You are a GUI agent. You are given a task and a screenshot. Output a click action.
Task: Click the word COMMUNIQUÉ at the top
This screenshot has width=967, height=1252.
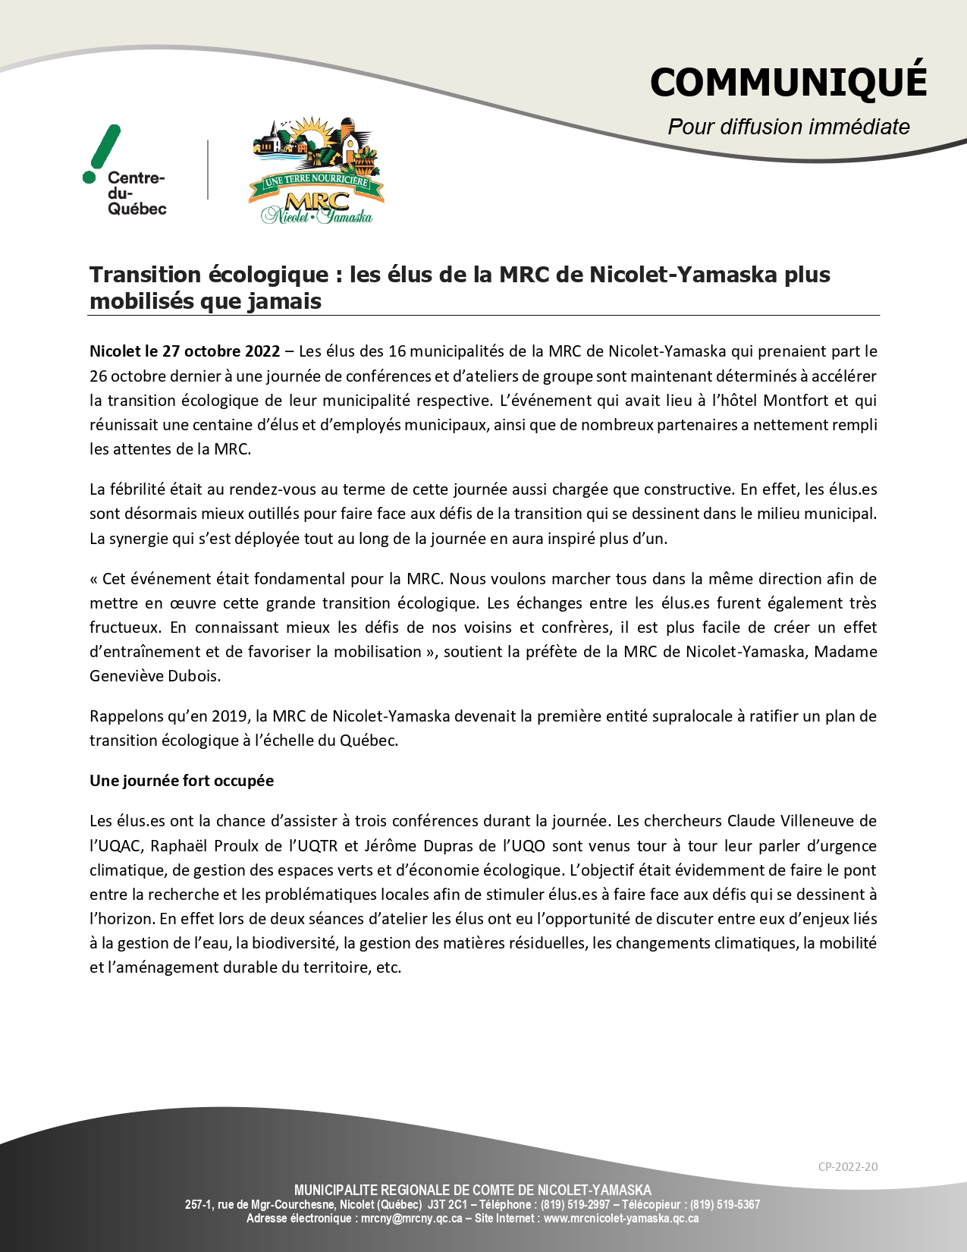point(788,82)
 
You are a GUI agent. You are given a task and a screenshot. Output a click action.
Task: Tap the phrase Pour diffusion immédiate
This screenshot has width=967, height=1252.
point(788,127)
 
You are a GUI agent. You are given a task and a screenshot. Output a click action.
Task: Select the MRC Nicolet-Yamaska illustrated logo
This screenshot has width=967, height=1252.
point(316,171)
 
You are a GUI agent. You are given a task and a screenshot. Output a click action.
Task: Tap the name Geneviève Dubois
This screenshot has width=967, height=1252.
point(155,676)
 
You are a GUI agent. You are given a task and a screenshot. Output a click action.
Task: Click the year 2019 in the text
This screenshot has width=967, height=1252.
point(231,716)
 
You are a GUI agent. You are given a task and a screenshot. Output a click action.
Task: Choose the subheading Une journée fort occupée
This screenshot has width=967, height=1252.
point(181,781)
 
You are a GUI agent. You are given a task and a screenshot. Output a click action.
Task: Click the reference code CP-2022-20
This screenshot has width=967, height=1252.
point(847,1167)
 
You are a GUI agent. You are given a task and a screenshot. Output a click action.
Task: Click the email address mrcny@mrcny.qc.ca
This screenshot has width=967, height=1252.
point(411,1219)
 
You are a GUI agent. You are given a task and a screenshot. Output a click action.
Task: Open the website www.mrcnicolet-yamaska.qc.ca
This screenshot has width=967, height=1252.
point(620,1219)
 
